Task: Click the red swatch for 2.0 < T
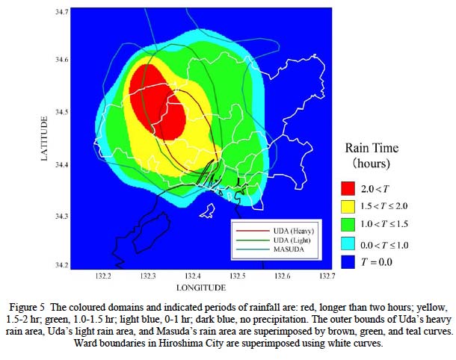[x=348, y=188]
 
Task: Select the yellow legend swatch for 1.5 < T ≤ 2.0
[x=348, y=207]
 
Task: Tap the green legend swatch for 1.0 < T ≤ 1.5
[x=348, y=225]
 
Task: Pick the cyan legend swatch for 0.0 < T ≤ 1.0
[x=348, y=243]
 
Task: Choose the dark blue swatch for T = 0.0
[x=348, y=262]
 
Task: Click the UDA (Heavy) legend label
[x=294, y=231]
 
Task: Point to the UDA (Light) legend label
[x=292, y=240]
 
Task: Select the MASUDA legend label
[x=289, y=249]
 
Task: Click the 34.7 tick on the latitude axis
[x=62, y=12]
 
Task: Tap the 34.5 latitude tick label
[x=62, y=112]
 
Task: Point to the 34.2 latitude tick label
[x=62, y=265]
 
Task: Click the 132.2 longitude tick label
[x=103, y=276]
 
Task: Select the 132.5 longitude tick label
[x=238, y=276]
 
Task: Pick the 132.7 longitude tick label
[x=327, y=276]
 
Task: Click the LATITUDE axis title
[x=44, y=138]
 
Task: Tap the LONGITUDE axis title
[x=201, y=288]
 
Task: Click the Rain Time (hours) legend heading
[x=372, y=155]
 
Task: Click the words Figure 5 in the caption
[x=28, y=308]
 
